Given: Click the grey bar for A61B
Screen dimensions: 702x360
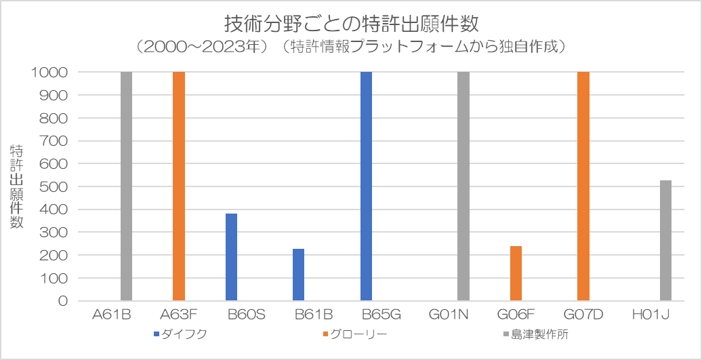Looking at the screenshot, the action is [126, 186].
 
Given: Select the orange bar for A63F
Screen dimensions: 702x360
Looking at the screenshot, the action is [179, 186].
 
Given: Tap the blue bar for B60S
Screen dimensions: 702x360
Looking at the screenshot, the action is [232, 257].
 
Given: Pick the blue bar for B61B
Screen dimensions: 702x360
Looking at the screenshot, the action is [299, 275].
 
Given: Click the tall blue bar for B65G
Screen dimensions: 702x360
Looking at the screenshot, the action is [366, 186].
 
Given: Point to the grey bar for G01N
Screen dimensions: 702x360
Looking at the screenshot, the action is [463, 186].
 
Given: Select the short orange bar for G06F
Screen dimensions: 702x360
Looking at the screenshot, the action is [516, 273].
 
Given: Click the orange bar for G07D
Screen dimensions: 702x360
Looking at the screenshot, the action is [583, 186].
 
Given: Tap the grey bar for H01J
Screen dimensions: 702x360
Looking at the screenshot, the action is [665, 241].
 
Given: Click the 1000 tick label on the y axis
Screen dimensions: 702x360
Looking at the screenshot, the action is [50, 72].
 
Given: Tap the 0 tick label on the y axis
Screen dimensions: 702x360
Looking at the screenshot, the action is [63, 300].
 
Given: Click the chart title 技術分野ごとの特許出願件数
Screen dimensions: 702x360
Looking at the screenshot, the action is [351, 24].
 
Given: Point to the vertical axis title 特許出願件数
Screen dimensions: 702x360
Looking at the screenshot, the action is [17, 186].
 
